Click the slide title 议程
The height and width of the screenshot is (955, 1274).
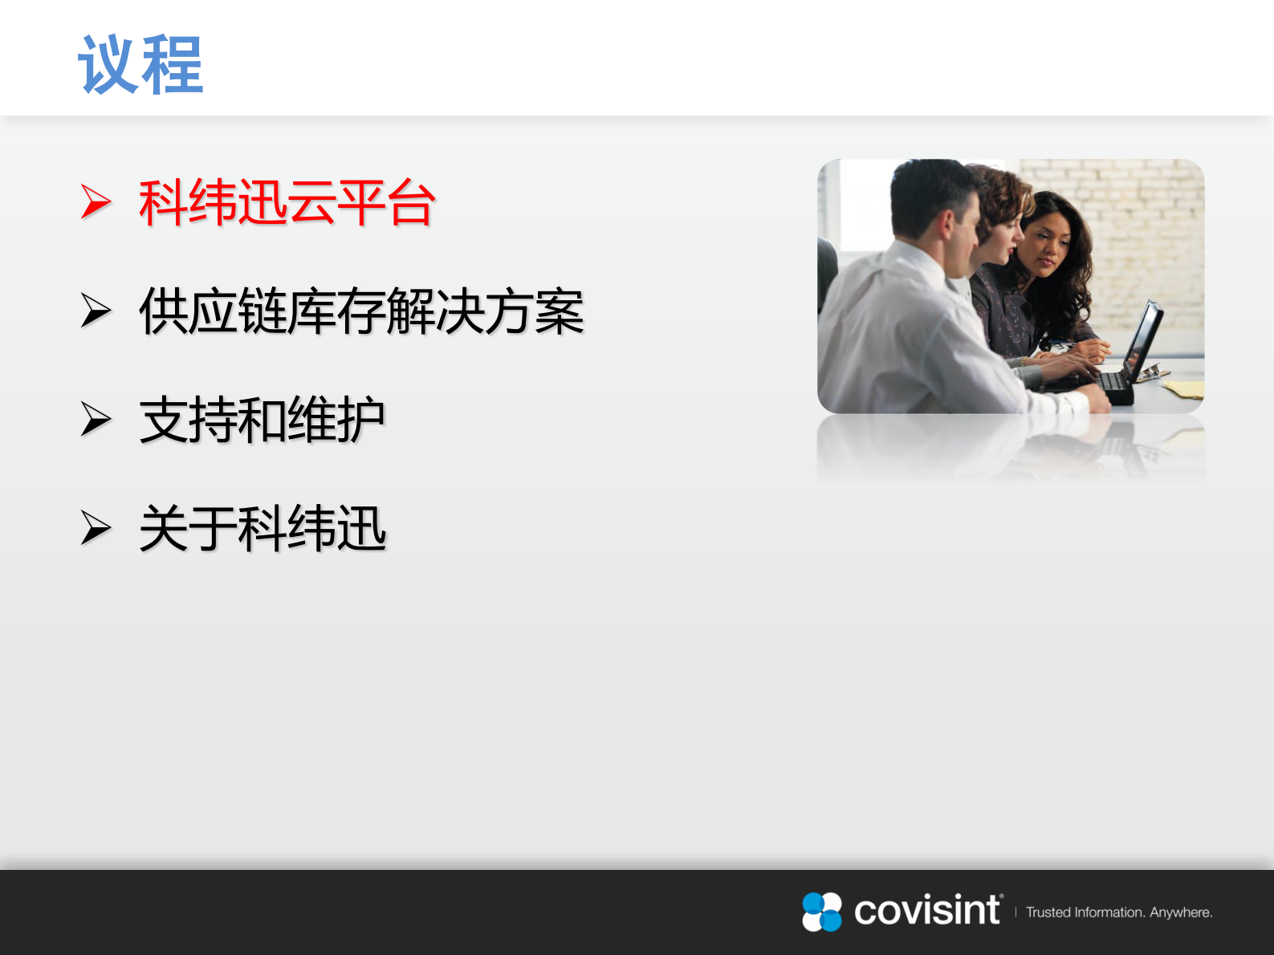(140, 64)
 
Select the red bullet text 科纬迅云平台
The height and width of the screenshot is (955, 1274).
(287, 202)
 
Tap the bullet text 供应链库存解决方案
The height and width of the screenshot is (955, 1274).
(361, 311)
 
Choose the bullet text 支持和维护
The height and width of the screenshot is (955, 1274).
(262, 420)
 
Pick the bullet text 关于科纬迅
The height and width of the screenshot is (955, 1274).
(263, 528)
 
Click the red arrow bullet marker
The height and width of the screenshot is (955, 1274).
(96, 201)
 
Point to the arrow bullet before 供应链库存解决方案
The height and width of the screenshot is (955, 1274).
(96, 311)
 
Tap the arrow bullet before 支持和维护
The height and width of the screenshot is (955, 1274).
(96, 419)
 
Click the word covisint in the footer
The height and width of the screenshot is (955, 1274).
(927, 911)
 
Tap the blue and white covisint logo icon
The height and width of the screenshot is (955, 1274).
(822, 912)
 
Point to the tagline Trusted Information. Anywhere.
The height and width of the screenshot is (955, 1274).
(1119, 912)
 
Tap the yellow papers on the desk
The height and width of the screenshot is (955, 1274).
(1184, 388)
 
